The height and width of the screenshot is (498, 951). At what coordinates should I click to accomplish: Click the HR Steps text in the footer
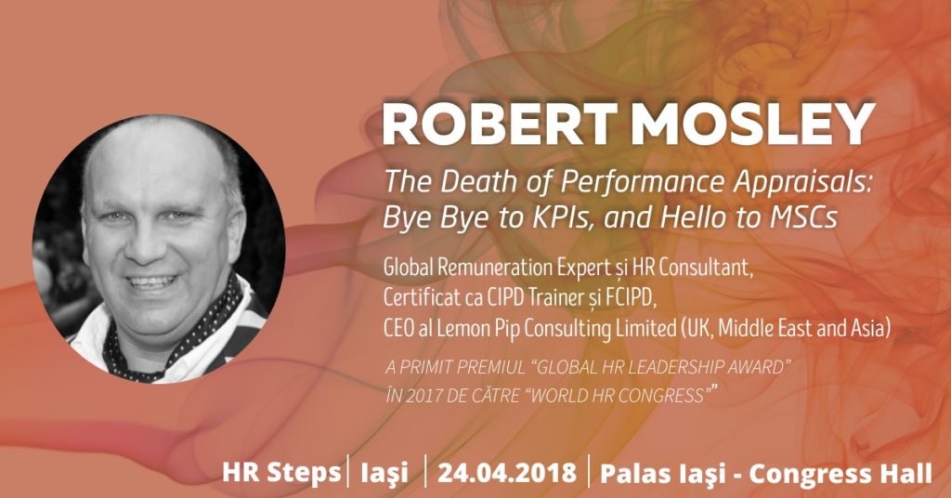[x=281, y=473]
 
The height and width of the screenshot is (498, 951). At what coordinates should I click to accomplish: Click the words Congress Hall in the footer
[x=840, y=473]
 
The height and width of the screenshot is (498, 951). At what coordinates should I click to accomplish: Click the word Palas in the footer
[x=634, y=473]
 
